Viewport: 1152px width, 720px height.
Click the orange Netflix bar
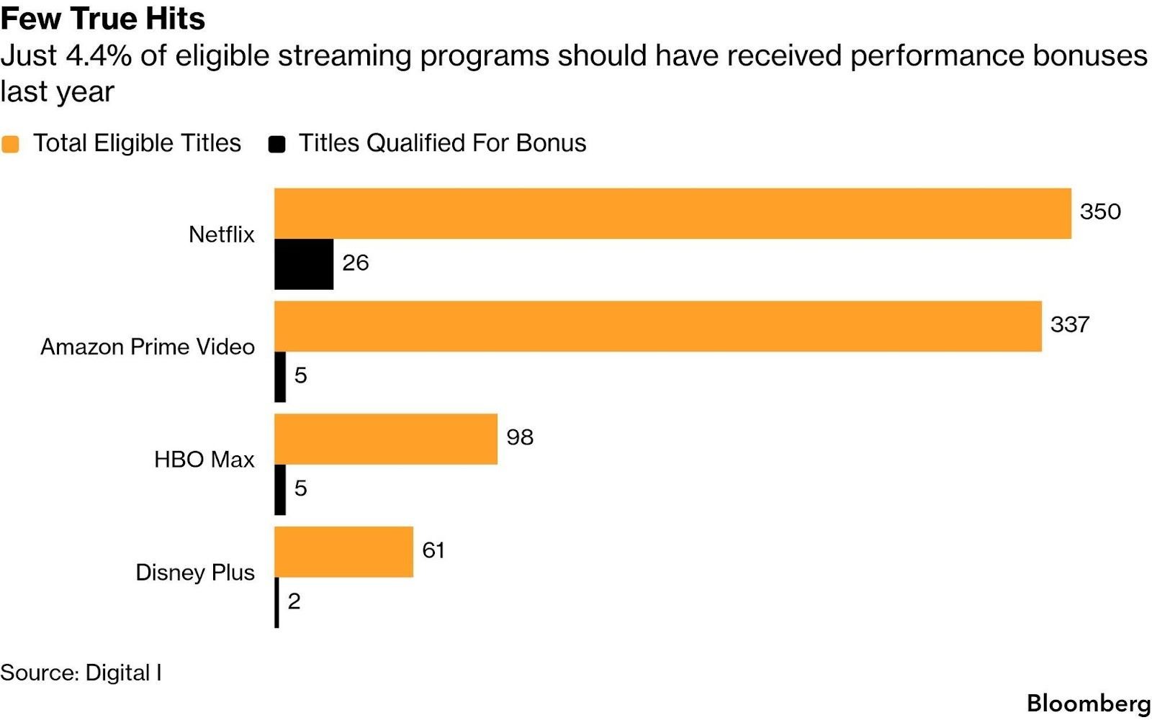point(672,214)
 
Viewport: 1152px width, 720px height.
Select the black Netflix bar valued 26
point(304,265)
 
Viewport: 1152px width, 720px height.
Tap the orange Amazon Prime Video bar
point(658,327)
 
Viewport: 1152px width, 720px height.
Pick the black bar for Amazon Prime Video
point(280,377)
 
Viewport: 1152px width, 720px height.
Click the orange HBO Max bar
point(386,439)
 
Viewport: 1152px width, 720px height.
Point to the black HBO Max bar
point(280,490)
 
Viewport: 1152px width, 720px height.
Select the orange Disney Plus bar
point(344,552)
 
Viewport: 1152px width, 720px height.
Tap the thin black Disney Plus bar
point(276,603)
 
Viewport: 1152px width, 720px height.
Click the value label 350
point(1100,211)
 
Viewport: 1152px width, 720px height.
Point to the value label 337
point(1069,324)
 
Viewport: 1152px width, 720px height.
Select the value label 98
point(520,437)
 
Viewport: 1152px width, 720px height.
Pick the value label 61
point(433,550)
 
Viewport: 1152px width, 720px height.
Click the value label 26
point(356,263)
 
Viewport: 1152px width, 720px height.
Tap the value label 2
point(294,601)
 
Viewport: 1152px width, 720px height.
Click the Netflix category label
point(222,234)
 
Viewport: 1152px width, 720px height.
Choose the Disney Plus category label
point(195,573)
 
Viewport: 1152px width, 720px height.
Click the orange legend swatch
point(10,144)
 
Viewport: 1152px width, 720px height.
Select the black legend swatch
point(276,144)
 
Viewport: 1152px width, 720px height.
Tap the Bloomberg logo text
point(1089,703)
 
